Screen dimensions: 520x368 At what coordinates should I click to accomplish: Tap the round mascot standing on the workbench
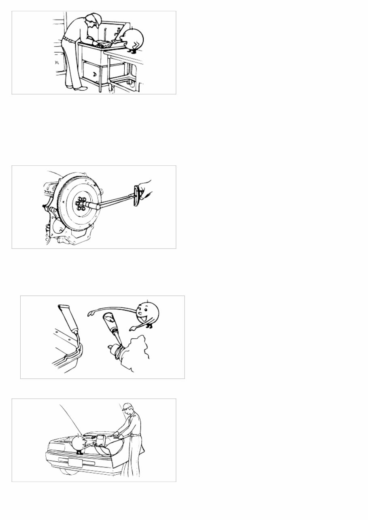[x=134, y=39]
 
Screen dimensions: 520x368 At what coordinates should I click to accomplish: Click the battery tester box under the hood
[x=100, y=440]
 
